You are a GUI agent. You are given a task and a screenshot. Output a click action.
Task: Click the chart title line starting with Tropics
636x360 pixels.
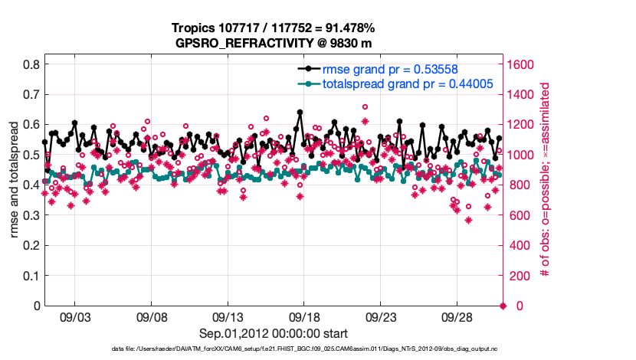pyautogui.click(x=274, y=28)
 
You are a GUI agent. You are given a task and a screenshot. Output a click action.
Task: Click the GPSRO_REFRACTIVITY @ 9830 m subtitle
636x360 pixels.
pyautogui.click(x=274, y=42)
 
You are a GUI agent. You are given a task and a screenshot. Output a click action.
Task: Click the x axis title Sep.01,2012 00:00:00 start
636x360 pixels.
pyautogui.click(x=274, y=333)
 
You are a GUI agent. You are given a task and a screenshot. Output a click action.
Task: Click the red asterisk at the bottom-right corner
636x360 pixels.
pyautogui.click(x=503, y=306)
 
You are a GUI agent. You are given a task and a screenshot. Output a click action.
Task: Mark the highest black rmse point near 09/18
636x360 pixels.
pyautogui.click(x=300, y=112)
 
